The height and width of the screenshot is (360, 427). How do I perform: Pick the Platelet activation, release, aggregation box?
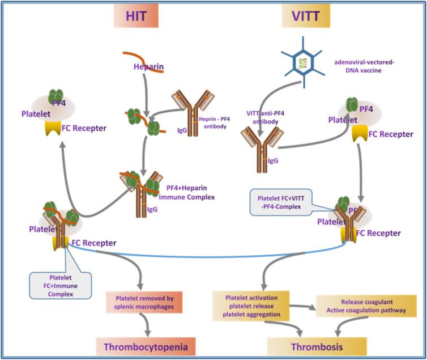[x=251, y=306]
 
